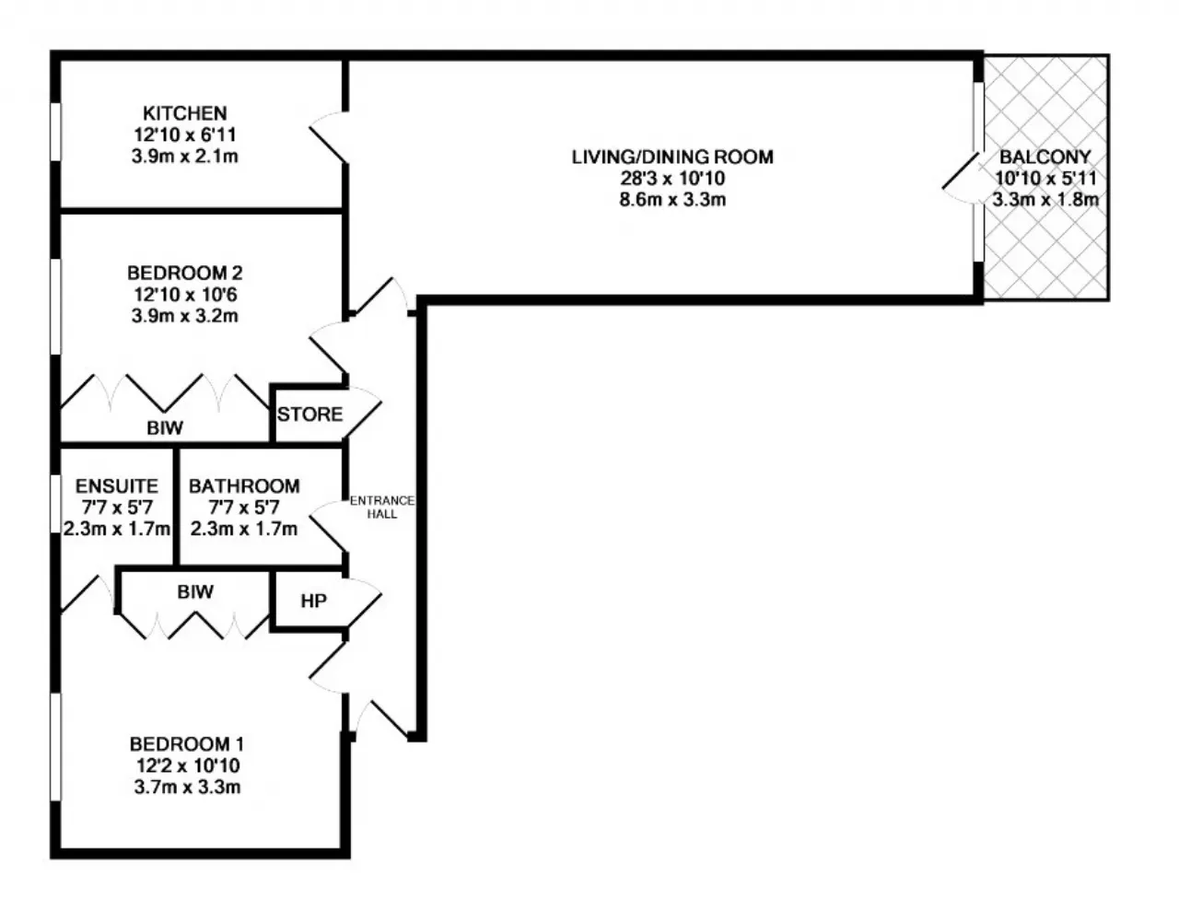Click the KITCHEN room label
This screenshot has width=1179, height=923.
pyautogui.click(x=185, y=113)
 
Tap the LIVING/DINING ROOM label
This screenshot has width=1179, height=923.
pyautogui.click(x=672, y=157)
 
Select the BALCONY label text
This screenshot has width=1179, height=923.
pyautogui.click(x=1045, y=157)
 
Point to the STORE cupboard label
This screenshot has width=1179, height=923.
pyautogui.click(x=309, y=415)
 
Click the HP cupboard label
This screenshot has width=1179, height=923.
pyautogui.click(x=313, y=601)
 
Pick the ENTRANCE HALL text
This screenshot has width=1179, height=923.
pyautogui.click(x=382, y=507)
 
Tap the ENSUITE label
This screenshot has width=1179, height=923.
pyautogui.click(x=117, y=485)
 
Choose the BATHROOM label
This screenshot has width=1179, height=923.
pyautogui.click(x=244, y=485)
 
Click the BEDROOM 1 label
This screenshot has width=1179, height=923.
pyautogui.click(x=187, y=743)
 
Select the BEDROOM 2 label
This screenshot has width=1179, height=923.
pyautogui.click(x=185, y=273)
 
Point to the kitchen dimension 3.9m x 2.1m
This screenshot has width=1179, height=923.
pyautogui.click(x=185, y=157)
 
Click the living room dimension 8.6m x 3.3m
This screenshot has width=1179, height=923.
pyautogui.click(x=672, y=199)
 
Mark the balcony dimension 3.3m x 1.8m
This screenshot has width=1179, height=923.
pyautogui.click(x=1045, y=199)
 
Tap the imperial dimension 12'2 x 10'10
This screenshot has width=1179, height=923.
pyautogui.click(x=188, y=765)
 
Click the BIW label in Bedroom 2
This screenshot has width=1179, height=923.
pyautogui.click(x=165, y=428)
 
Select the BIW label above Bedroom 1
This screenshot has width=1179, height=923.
pyautogui.click(x=195, y=591)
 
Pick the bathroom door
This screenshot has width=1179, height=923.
pyautogui.click(x=328, y=527)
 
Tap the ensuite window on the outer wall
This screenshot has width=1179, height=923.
pyautogui.click(x=55, y=504)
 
